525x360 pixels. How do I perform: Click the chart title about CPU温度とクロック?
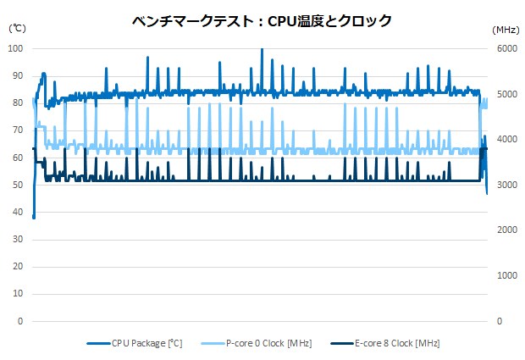click(x=262, y=21)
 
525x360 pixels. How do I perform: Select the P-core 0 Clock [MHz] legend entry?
click(x=271, y=342)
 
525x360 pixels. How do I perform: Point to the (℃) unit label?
click(x=18, y=28)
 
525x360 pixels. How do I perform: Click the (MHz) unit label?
click(x=506, y=29)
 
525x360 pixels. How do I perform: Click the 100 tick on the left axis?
click(x=15, y=48)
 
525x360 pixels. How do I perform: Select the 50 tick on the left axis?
click(x=18, y=185)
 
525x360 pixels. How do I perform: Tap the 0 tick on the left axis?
click(x=20, y=322)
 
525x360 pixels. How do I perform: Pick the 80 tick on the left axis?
click(x=18, y=103)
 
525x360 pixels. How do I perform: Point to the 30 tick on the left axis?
click(x=18, y=240)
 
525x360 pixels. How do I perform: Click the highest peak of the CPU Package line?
click(x=262, y=49)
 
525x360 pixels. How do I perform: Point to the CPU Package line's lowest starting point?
click(x=34, y=217)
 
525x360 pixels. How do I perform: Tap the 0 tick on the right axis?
click(x=499, y=322)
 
